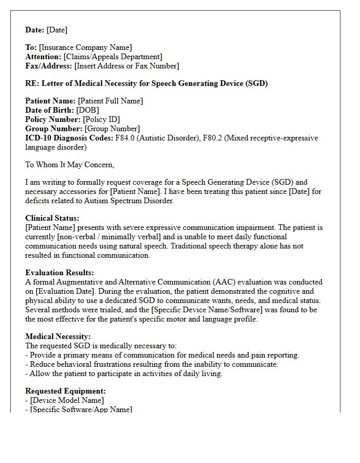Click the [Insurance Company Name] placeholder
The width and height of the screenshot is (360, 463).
(x=85, y=48)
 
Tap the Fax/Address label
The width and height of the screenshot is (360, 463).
(x=49, y=66)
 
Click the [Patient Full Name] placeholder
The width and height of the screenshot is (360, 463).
(x=110, y=101)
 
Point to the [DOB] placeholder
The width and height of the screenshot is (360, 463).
(x=87, y=111)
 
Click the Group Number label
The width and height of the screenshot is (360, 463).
(x=53, y=129)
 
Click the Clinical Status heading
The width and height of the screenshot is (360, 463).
(x=52, y=219)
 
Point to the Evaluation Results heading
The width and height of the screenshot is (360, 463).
(x=60, y=273)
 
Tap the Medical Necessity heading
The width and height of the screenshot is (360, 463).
(x=58, y=337)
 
